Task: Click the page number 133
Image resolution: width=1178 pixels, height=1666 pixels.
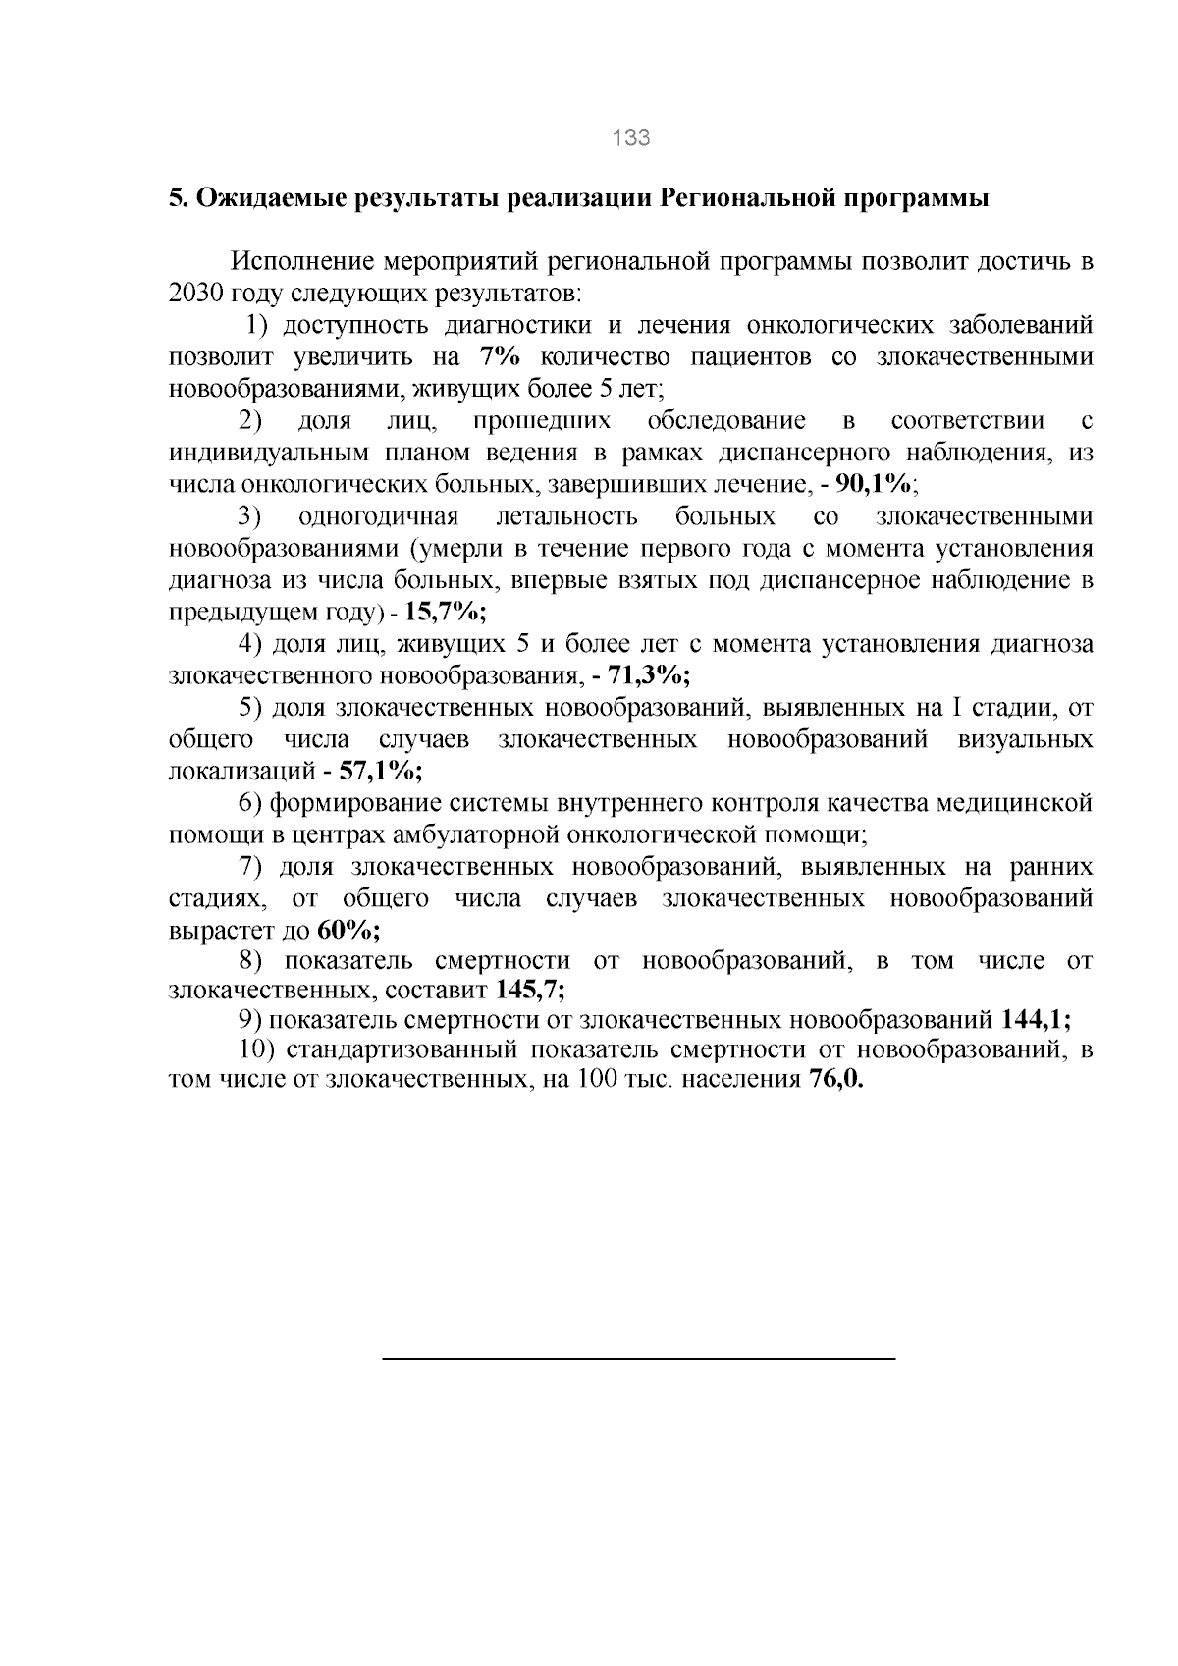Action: tap(630, 138)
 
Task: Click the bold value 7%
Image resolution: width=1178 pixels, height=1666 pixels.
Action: tap(499, 357)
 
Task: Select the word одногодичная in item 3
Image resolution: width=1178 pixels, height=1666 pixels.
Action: tap(378, 516)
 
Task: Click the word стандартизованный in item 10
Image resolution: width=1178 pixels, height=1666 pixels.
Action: tap(402, 1049)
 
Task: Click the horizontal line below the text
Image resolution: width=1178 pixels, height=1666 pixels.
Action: tap(638, 1358)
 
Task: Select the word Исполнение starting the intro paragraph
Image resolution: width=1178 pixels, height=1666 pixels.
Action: tap(300, 262)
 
